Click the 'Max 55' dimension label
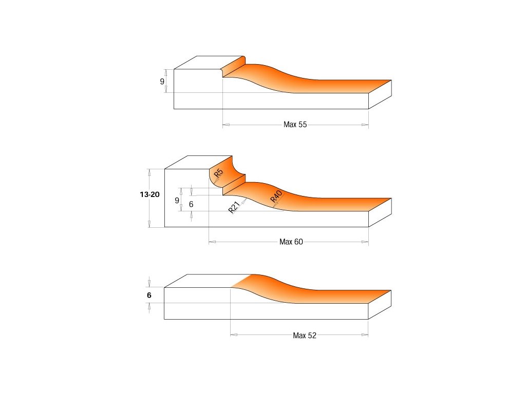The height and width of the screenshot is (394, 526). coord(295,125)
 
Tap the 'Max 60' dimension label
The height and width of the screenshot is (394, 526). coord(291,242)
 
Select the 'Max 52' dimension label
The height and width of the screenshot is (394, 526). coord(304,336)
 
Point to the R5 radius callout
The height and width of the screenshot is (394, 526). coord(218,173)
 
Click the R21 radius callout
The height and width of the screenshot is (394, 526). coord(234,207)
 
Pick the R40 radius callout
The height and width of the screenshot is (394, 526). coord(276,196)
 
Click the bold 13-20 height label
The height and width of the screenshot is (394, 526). coord(149,194)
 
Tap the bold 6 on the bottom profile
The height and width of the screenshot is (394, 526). coord(149,295)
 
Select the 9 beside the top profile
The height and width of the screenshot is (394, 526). coord(162,82)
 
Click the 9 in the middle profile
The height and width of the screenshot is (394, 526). coord(177,201)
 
